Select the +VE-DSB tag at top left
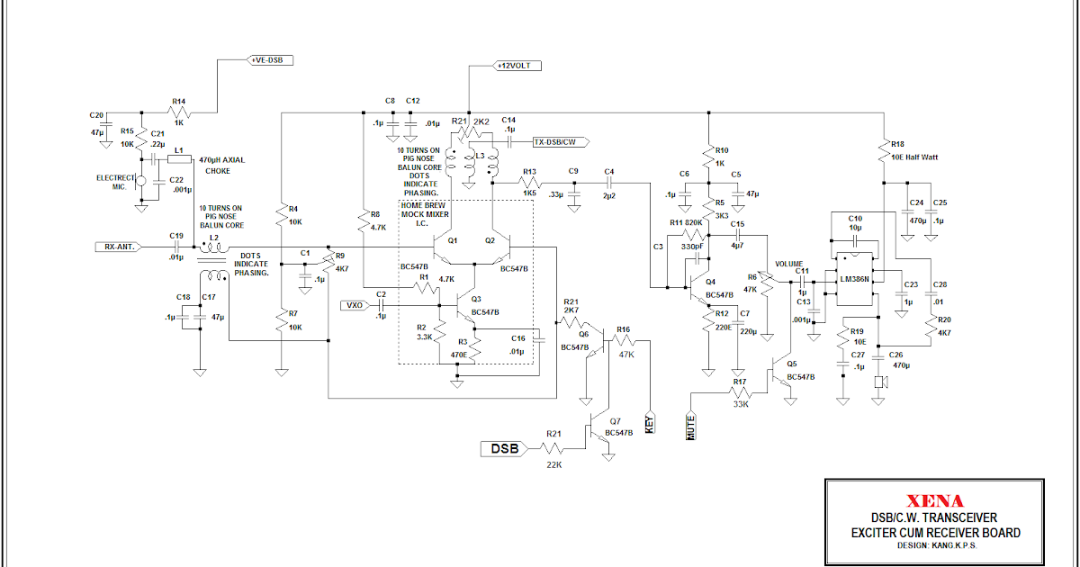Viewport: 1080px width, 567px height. point(270,60)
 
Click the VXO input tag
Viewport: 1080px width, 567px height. point(353,306)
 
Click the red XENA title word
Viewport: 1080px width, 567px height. point(935,501)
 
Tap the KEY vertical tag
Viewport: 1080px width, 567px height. point(650,423)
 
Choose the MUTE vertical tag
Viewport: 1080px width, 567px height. point(691,424)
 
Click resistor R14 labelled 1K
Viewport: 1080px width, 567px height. point(179,112)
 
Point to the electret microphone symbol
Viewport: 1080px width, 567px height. point(140,184)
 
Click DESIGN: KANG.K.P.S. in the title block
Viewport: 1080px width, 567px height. point(935,544)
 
